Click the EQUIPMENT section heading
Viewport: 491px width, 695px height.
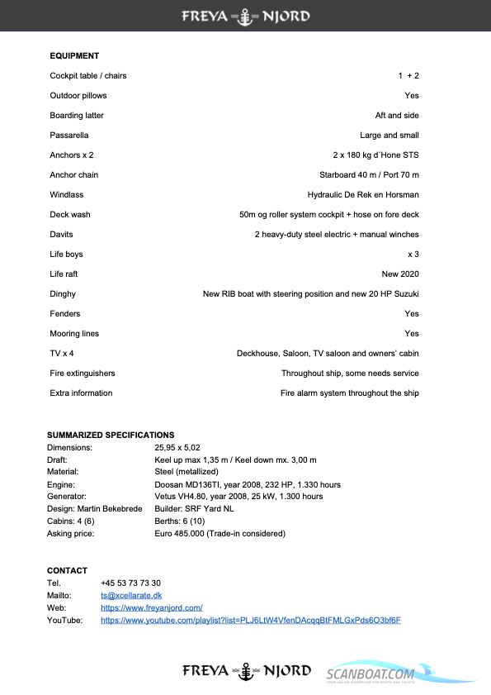[74, 56]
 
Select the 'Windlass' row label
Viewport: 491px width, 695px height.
[67, 195]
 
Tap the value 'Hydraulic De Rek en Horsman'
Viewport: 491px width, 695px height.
[363, 195]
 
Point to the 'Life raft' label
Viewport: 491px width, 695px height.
[64, 274]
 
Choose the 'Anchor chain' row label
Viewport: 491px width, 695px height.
[73, 175]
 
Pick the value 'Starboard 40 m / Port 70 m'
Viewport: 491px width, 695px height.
[369, 175]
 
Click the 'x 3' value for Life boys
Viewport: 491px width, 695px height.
[413, 255]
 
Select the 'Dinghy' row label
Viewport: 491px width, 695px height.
[63, 294]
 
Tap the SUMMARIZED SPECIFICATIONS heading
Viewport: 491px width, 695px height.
[111, 435]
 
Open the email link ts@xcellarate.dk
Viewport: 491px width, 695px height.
[131, 595]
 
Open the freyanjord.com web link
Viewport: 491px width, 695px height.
[152, 607]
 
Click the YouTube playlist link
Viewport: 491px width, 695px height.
[251, 620]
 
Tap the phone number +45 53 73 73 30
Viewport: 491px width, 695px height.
[130, 583]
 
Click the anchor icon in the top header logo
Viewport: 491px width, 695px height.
[245, 16]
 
